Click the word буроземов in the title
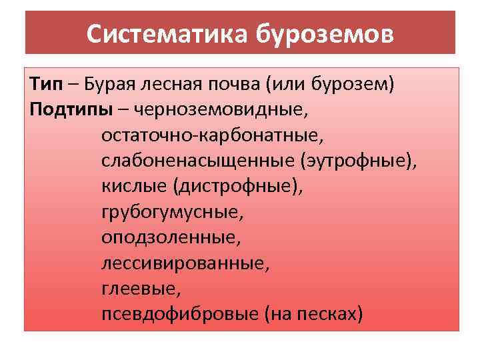tap(325, 33)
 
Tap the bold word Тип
tap(45, 85)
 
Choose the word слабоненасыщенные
tap(198, 161)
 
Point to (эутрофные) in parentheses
tap(358, 161)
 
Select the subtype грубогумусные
tap(173, 212)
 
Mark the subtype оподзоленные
tap(166, 237)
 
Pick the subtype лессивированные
tap(186, 263)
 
